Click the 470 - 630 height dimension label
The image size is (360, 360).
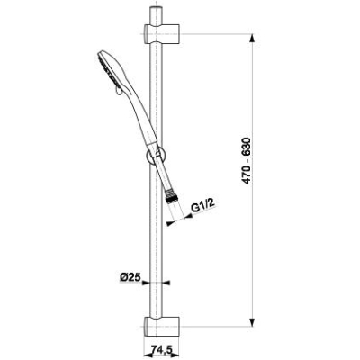[x=247, y=161]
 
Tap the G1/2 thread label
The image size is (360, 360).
[x=203, y=207]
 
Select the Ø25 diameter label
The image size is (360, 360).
[x=130, y=277]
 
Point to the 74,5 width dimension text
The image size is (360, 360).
[x=161, y=350]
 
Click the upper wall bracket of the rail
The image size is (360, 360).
[x=162, y=33]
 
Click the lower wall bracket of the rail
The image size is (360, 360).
[x=162, y=327]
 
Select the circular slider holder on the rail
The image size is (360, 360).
[x=155, y=156]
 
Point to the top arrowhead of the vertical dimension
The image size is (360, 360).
[x=253, y=39]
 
